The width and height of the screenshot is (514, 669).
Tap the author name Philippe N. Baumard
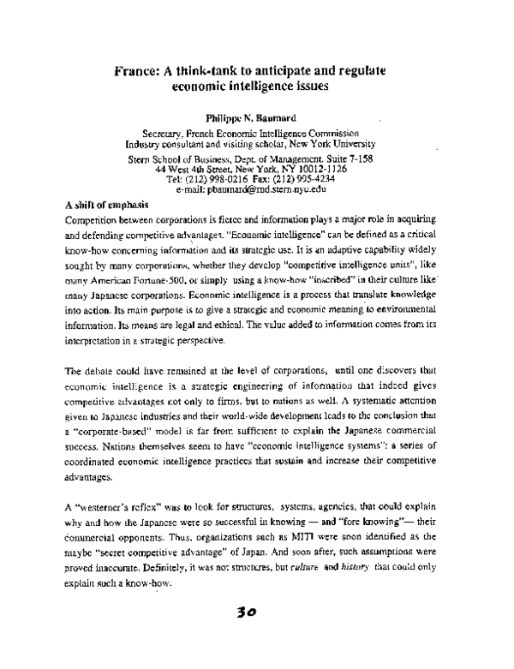point(257,111)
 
